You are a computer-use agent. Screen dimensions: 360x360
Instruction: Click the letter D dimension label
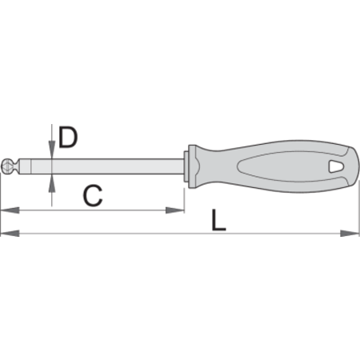(68, 137)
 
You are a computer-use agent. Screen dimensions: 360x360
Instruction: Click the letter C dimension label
(93, 196)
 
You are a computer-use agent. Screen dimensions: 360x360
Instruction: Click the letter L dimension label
(218, 220)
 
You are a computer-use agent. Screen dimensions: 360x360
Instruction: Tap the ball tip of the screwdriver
(6, 166)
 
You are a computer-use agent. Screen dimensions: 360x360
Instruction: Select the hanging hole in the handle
(336, 166)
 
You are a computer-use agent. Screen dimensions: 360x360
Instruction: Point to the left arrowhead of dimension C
(10, 210)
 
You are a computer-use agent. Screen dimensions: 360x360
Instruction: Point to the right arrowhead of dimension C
(175, 210)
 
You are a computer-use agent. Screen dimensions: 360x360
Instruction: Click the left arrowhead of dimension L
(10, 234)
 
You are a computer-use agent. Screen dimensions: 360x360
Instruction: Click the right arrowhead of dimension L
(350, 234)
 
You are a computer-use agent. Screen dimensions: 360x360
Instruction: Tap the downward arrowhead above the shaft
(52, 150)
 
